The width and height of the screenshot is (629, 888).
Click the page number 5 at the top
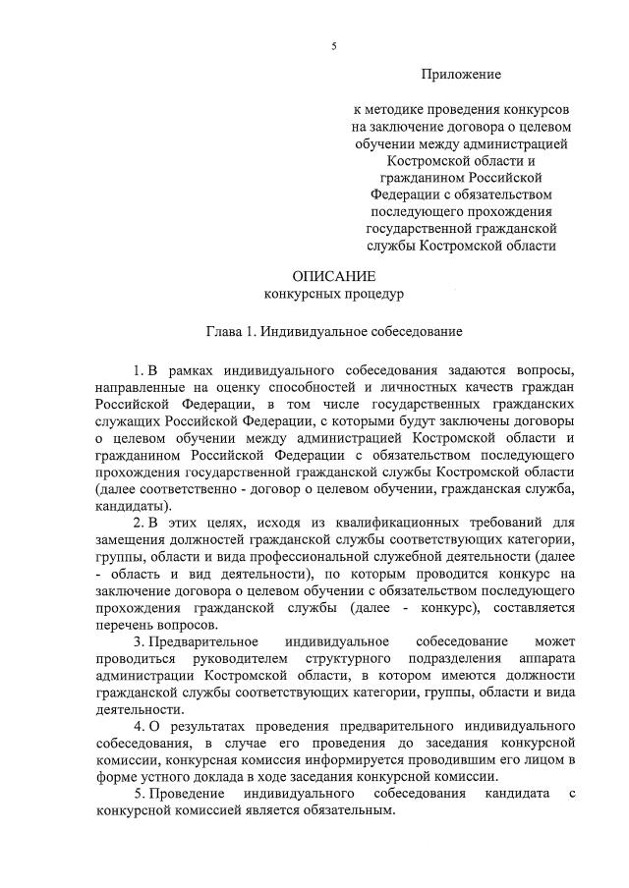(334, 45)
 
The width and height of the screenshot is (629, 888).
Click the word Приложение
(461, 74)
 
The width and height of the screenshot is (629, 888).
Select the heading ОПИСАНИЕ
(333, 276)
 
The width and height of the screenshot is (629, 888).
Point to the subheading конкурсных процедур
(333, 294)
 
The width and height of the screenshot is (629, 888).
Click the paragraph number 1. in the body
(139, 369)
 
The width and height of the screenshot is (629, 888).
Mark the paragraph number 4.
(139, 726)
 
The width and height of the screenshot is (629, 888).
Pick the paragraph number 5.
(139, 793)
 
